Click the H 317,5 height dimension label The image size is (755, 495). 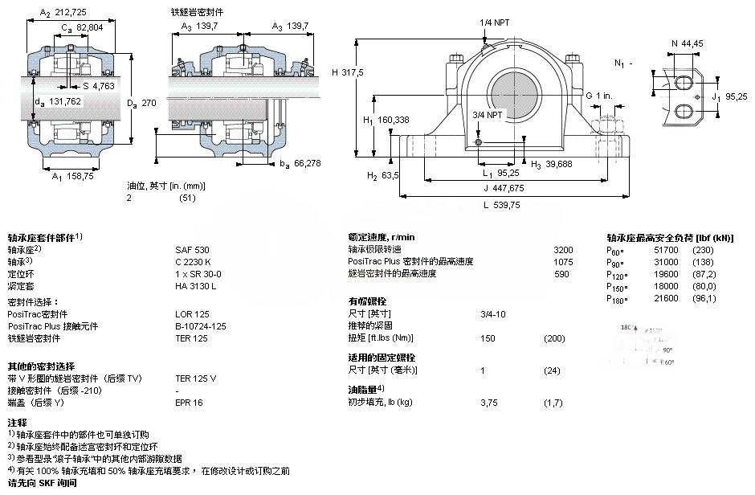348,72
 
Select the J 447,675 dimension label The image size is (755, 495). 504,189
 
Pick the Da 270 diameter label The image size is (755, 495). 141,102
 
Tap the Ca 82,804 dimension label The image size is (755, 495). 83,28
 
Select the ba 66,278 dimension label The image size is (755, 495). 298,164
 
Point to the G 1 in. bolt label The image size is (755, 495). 598,96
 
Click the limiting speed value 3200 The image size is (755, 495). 564,249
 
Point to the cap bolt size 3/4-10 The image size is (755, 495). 493,313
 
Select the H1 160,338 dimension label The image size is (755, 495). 386,120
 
